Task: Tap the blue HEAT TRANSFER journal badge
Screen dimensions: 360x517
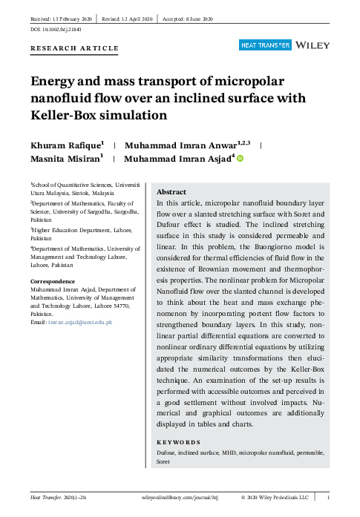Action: pyautogui.click(x=264, y=46)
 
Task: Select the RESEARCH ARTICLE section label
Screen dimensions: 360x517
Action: pyautogui.click(x=74, y=49)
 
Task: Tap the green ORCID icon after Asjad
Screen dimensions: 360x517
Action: pyautogui.click(x=240, y=158)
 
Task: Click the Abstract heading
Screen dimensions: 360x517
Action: pyautogui.click(x=171, y=191)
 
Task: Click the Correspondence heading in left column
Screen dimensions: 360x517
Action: pyautogui.click(x=52, y=281)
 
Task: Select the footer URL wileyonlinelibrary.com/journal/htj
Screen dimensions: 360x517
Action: pyautogui.click(x=186, y=499)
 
